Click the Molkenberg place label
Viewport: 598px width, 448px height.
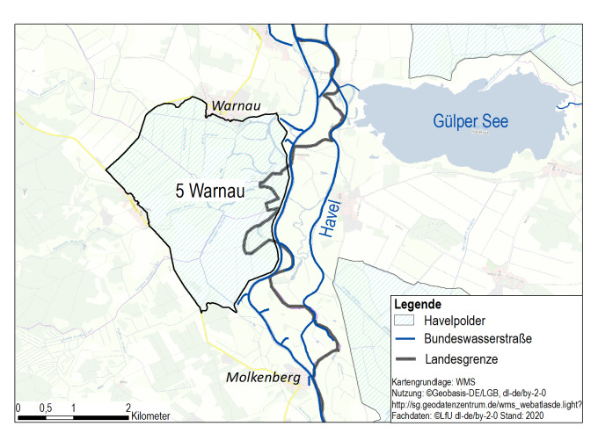click(263, 377)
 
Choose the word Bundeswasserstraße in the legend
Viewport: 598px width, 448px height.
click(478, 338)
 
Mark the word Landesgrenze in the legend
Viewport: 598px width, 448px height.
click(462, 358)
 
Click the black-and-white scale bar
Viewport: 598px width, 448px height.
click(74, 415)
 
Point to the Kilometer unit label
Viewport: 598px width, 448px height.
click(151, 416)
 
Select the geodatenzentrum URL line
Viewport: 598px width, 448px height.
click(485, 405)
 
